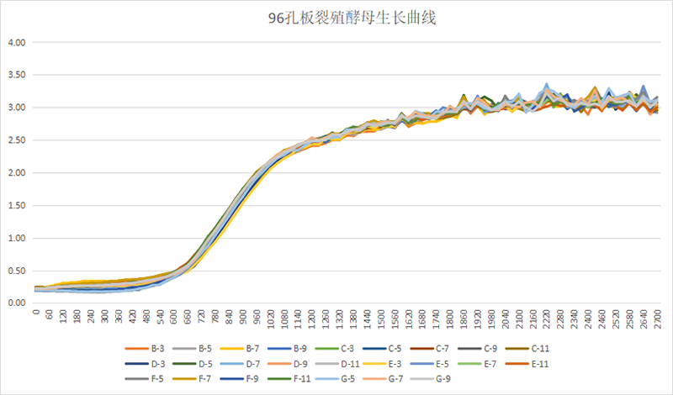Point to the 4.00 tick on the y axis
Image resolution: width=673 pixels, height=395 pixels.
(17, 42)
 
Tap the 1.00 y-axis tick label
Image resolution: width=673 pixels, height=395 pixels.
(17, 239)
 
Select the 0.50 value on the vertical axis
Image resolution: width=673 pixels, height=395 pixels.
(17, 271)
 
